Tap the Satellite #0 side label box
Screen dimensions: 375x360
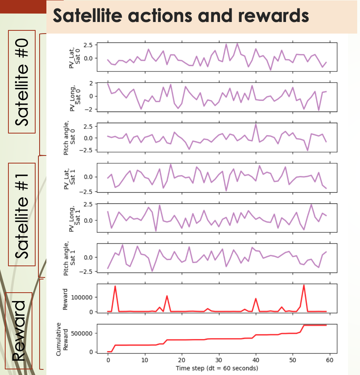[x=22, y=82]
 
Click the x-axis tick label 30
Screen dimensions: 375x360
[x=218, y=360]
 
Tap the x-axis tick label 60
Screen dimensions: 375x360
[x=330, y=360]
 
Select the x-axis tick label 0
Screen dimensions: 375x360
[x=108, y=360]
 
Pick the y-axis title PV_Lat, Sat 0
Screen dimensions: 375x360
[x=75, y=56]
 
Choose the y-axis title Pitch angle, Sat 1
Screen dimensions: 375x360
[x=70, y=258]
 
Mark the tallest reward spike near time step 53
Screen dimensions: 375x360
[x=304, y=285]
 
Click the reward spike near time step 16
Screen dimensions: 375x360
[x=167, y=296]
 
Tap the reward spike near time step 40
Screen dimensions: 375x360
[x=256, y=299]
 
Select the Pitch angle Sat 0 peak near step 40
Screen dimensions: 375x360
[x=256, y=124]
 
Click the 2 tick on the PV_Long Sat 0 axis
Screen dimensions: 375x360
[x=91, y=83]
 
